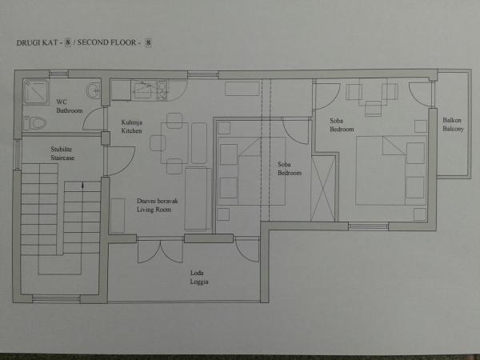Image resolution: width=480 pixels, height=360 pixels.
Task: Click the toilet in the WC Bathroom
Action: (35, 123)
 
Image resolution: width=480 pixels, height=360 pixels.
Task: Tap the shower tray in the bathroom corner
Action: (36, 91)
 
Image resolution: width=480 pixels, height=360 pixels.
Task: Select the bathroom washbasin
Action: (93, 90)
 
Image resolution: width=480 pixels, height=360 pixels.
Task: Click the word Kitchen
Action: (131, 131)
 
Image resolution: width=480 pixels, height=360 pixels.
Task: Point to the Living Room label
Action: (154, 210)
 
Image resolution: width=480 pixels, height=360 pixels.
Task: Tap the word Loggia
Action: (199, 282)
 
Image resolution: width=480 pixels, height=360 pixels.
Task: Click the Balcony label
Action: (453, 129)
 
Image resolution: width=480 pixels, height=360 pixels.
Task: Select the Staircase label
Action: (62, 158)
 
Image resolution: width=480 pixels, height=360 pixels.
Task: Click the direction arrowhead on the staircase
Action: (82, 186)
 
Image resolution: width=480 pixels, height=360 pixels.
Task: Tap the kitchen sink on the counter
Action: (144, 90)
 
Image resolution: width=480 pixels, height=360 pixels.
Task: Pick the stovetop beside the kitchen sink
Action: (162, 90)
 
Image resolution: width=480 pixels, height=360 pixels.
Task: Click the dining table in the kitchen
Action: (174, 143)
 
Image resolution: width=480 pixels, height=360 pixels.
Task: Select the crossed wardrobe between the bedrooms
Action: (323, 188)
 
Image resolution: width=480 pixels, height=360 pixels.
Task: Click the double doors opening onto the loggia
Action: (161, 251)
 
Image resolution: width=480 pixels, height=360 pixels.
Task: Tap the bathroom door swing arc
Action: (93, 118)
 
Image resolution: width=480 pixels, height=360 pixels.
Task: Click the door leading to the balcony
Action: (422, 94)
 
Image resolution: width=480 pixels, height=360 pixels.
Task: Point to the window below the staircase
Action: (56, 298)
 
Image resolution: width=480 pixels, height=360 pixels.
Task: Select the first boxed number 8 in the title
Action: (67, 42)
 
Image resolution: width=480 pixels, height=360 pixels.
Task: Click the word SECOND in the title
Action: (91, 42)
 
